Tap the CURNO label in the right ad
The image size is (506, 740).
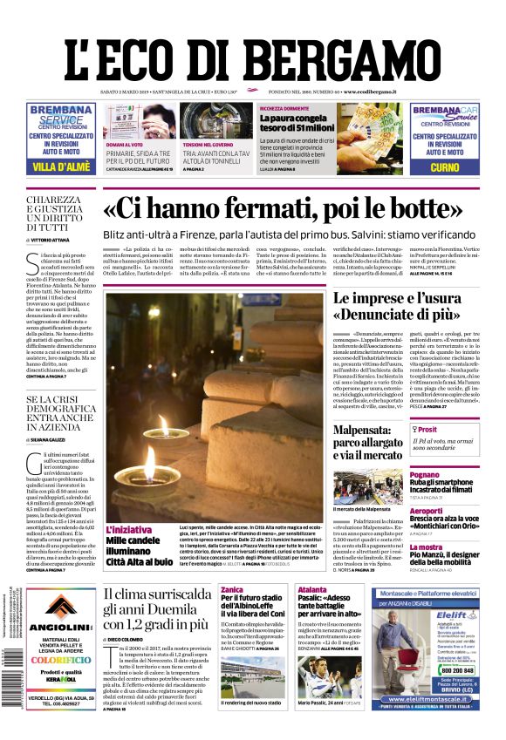pos(444,166)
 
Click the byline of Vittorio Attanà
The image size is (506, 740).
pos(55,239)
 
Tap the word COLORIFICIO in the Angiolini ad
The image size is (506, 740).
pos(59,660)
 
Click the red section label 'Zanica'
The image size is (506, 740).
pos(232,590)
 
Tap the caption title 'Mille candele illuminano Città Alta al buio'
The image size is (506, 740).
pos(140,551)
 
